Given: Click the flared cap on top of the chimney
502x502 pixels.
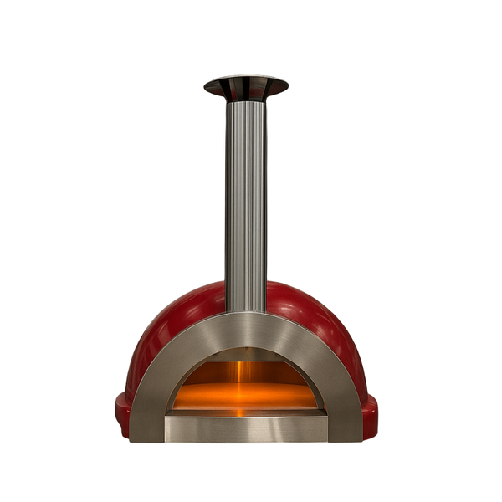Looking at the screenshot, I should coord(245,85).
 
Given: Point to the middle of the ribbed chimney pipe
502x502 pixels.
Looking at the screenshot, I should coord(245,201).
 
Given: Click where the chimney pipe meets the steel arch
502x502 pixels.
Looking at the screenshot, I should coord(245,311).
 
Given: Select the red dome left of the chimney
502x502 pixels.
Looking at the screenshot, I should coord(180,314).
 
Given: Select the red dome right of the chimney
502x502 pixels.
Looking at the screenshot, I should coord(310,314).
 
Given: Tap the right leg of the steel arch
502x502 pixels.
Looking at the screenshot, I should coord(341,393).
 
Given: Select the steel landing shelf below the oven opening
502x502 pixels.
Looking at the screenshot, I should coord(245,427).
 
